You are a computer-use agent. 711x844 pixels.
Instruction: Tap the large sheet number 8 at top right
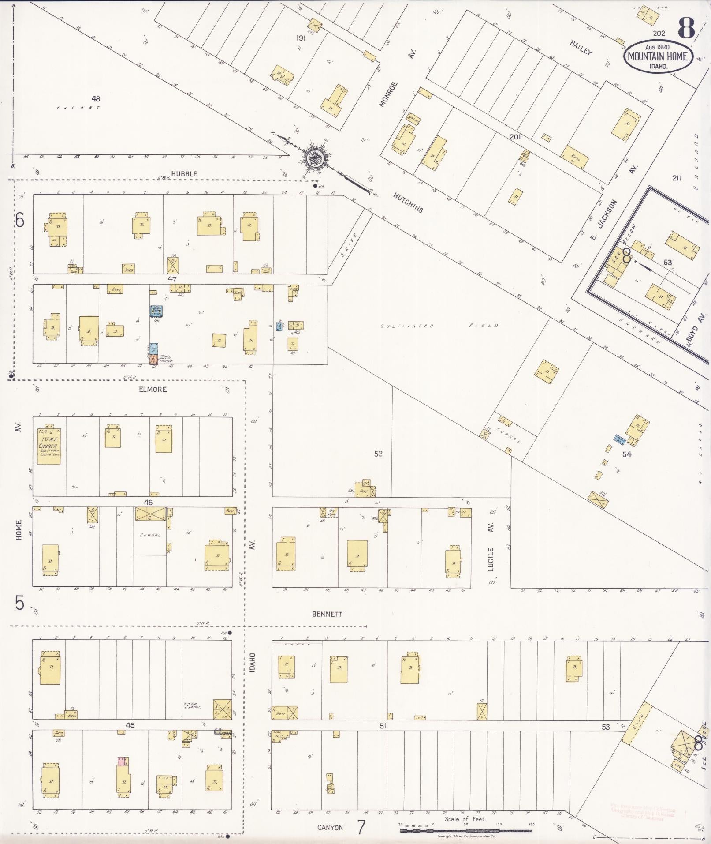click(x=686, y=27)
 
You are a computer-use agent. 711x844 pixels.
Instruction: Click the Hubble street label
click(x=184, y=174)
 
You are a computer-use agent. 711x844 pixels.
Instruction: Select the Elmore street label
click(x=153, y=390)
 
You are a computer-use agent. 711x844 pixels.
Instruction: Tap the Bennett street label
click(x=327, y=614)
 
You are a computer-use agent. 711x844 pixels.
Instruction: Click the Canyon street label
click(x=330, y=828)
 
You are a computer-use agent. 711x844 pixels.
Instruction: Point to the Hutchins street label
click(x=408, y=203)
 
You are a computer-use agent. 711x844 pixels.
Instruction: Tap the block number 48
click(x=96, y=98)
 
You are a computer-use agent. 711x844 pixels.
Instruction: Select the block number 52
click(x=378, y=454)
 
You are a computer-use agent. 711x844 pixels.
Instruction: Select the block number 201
click(x=515, y=137)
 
